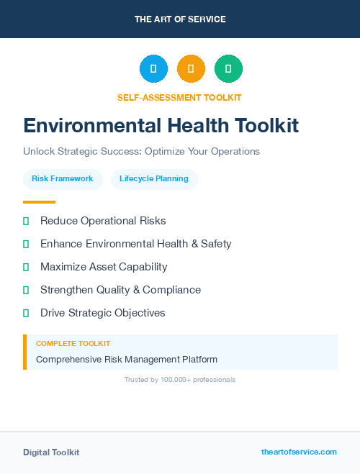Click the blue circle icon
click(153, 69)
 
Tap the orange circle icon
click(191, 69)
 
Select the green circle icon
click(228, 69)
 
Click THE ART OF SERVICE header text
click(180, 19)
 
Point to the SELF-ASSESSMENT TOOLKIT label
click(179, 97)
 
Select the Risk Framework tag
click(63, 179)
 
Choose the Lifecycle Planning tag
click(154, 179)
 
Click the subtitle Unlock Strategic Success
click(141, 152)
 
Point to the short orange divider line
click(39, 202)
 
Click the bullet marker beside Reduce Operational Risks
click(26, 221)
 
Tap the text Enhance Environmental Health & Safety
click(135, 244)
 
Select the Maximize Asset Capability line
click(104, 267)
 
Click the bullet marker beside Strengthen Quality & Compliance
click(26, 290)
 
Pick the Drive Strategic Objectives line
click(103, 313)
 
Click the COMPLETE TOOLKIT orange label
click(73, 344)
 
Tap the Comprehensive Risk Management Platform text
click(127, 359)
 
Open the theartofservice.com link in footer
click(299, 452)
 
